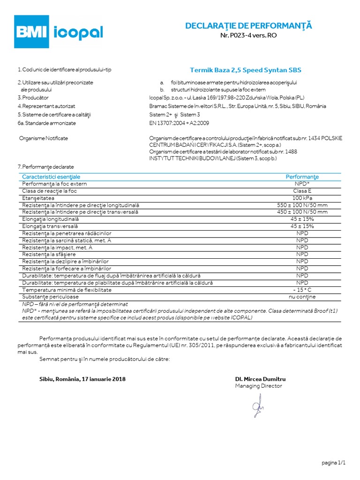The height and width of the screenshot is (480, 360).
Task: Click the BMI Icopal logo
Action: pos(58,31)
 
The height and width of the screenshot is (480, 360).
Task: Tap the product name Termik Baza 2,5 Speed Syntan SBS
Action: pos(246,70)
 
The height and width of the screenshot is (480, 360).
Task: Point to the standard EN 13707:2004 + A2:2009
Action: pos(179,123)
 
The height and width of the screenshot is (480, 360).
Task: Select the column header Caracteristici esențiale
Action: pos(51,177)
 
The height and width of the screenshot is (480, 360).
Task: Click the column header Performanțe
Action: pos(302,177)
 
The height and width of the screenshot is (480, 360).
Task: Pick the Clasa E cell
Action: pos(302,191)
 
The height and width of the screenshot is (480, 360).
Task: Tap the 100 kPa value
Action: pos(302,198)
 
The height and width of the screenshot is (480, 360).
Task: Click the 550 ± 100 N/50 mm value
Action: pos(302,205)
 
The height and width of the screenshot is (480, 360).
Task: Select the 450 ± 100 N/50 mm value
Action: pos(302,212)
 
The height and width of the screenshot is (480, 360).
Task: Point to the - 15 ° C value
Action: pos(302,290)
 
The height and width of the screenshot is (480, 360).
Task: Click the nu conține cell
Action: pos(302,297)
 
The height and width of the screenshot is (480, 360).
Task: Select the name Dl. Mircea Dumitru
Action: pos(260,379)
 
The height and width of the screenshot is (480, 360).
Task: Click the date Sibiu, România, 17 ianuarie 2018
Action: pos(82,379)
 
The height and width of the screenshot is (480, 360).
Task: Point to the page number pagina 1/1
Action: pos(334,463)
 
